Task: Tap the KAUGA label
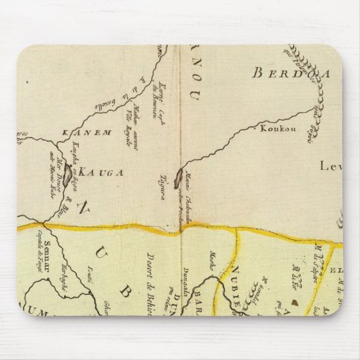(x=101, y=172)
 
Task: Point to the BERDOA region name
(x=285, y=74)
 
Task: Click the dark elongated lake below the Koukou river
(x=179, y=179)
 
